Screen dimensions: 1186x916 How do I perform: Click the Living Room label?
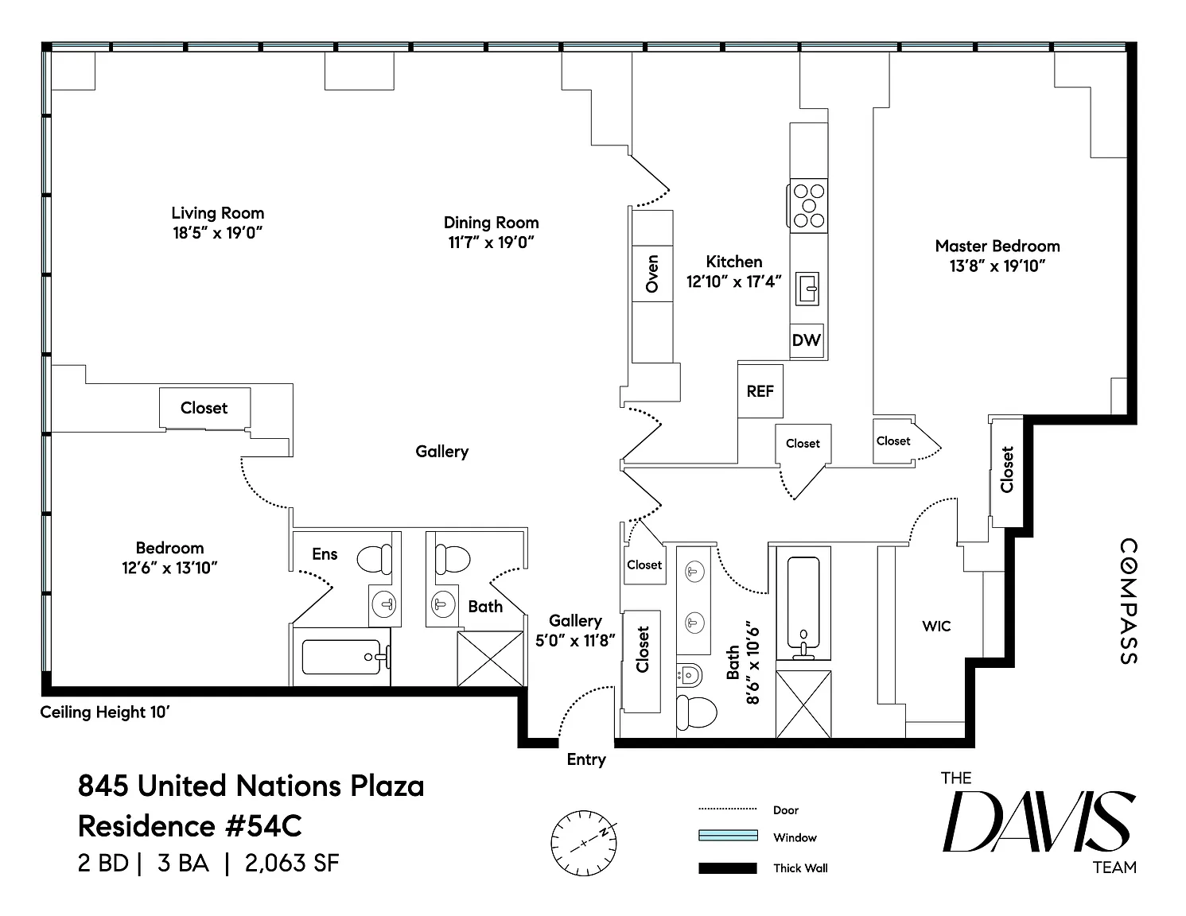pos(218,213)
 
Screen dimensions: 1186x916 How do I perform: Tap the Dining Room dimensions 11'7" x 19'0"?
pos(492,243)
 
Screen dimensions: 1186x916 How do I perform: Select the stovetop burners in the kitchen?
pos(808,206)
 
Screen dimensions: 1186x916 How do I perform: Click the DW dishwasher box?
pos(807,340)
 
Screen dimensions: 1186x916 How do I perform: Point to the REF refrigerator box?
pos(760,391)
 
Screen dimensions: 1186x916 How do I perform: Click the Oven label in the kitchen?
pos(652,274)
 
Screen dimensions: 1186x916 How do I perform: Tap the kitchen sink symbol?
pos(807,289)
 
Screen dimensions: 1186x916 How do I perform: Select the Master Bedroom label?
pos(997,246)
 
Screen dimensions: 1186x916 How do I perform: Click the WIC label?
pos(936,626)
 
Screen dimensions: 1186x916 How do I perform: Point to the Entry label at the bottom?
pos(586,760)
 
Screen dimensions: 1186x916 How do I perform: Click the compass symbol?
pos(583,843)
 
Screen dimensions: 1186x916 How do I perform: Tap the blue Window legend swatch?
pos(728,835)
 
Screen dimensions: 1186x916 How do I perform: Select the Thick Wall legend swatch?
pos(728,868)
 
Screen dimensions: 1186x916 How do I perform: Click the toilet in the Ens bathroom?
pos(375,559)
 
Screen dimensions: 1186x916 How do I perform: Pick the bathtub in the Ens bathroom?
pos(342,657)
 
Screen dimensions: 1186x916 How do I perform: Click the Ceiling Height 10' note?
pos(105,712)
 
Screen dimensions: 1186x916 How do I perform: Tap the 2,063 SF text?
pos(292,863)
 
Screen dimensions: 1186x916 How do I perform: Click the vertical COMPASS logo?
pos(1128,601)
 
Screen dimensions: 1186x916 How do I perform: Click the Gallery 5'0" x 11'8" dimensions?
pos(575,641)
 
